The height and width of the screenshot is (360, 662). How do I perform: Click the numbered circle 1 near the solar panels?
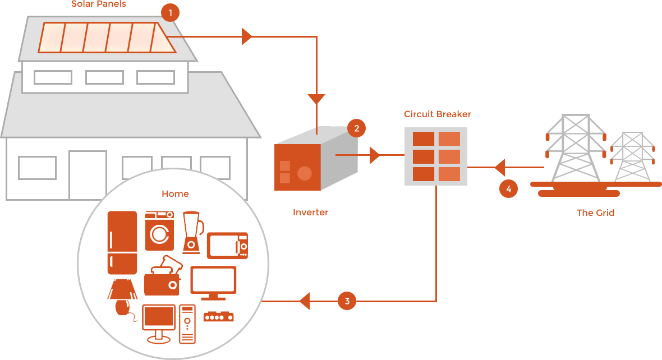click(170, 12)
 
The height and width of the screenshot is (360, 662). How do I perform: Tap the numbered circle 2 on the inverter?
click(356, 128)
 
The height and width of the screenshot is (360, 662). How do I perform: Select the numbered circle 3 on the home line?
click(347, 301)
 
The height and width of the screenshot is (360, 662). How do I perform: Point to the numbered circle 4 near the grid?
click(508, 189)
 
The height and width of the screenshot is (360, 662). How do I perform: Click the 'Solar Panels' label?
click(99, 4)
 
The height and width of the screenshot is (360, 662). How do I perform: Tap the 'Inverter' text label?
click(310, 213)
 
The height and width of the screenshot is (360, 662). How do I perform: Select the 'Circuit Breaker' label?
click(438, 114)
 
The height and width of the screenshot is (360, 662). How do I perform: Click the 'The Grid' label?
click(595, 213)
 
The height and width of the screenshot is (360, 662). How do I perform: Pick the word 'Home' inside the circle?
click(175, 194)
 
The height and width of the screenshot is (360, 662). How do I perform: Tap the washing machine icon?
click(160, 230)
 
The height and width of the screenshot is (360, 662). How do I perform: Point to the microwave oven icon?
click(227, 246)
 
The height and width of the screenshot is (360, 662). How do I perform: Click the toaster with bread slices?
click(163, 277)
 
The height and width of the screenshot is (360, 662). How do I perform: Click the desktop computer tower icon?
click(187, 324)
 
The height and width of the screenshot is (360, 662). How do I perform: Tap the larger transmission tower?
click(576, 149)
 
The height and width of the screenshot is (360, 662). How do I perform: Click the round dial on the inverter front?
click(304, 173)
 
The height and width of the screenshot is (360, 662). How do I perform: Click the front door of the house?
click(88, 174)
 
